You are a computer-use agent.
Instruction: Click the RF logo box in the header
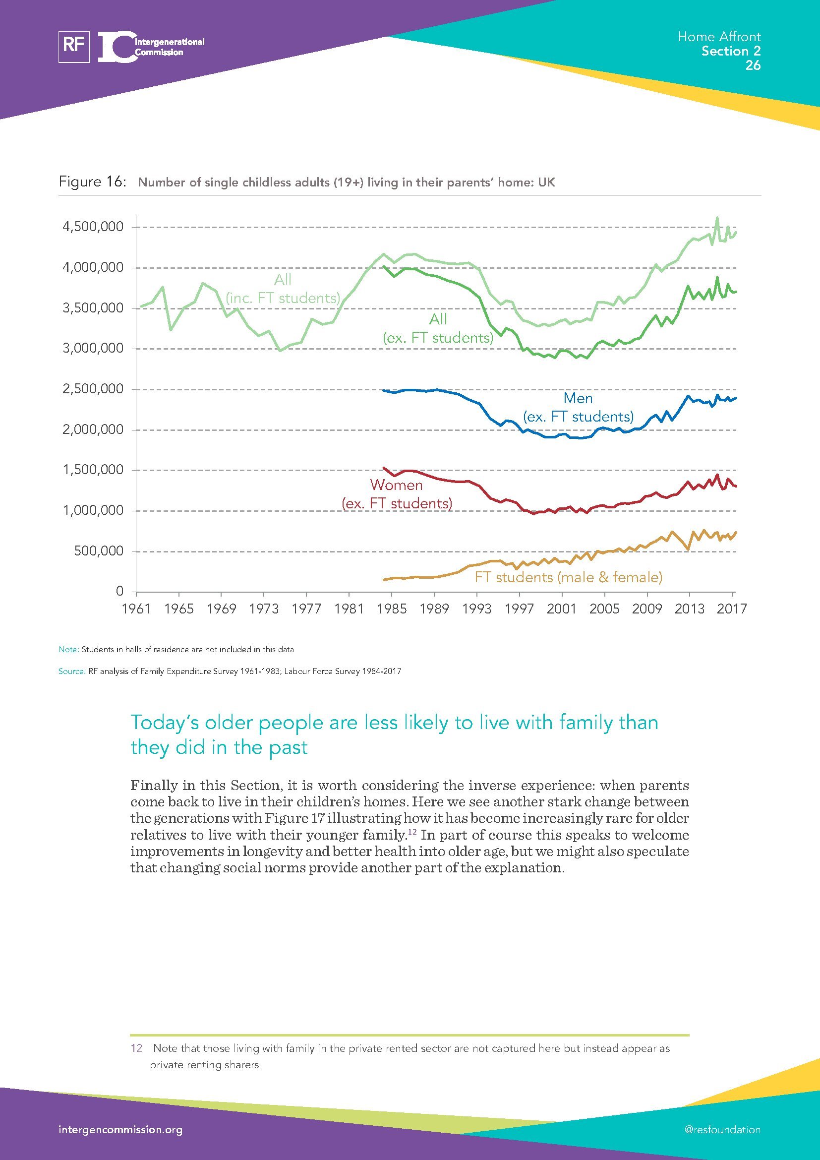click(x=74, y=47)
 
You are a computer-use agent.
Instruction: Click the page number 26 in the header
click(x=753, y=65)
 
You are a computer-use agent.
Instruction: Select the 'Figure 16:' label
click(x=92, y=182)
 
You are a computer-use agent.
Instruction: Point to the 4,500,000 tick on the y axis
click(x=93, y=227)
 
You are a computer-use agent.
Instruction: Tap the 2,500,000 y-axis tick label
click(x=93, y=389)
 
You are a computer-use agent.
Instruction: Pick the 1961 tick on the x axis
click(x=136, y=609)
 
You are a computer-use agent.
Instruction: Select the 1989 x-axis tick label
click(x=434, y=609)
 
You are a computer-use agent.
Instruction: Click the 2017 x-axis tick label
click(x=732, y=609)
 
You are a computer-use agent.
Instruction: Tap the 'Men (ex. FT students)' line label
click(x=578, y=407)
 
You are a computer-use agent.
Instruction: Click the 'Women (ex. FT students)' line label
click(x=397, y=494)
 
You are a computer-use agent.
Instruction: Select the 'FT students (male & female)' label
click(x=568, y=577)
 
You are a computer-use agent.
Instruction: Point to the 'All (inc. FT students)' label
click(x=283, y=289)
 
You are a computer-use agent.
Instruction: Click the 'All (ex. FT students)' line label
click(x=438, y=328)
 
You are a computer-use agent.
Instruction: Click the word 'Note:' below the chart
click(x=69, y=649)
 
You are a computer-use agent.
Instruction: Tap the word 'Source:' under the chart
click(x=72, y=672)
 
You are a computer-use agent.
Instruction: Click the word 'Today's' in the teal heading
click(x=164, y=723)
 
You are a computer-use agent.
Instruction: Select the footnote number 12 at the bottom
click(x=136, y=1048)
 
